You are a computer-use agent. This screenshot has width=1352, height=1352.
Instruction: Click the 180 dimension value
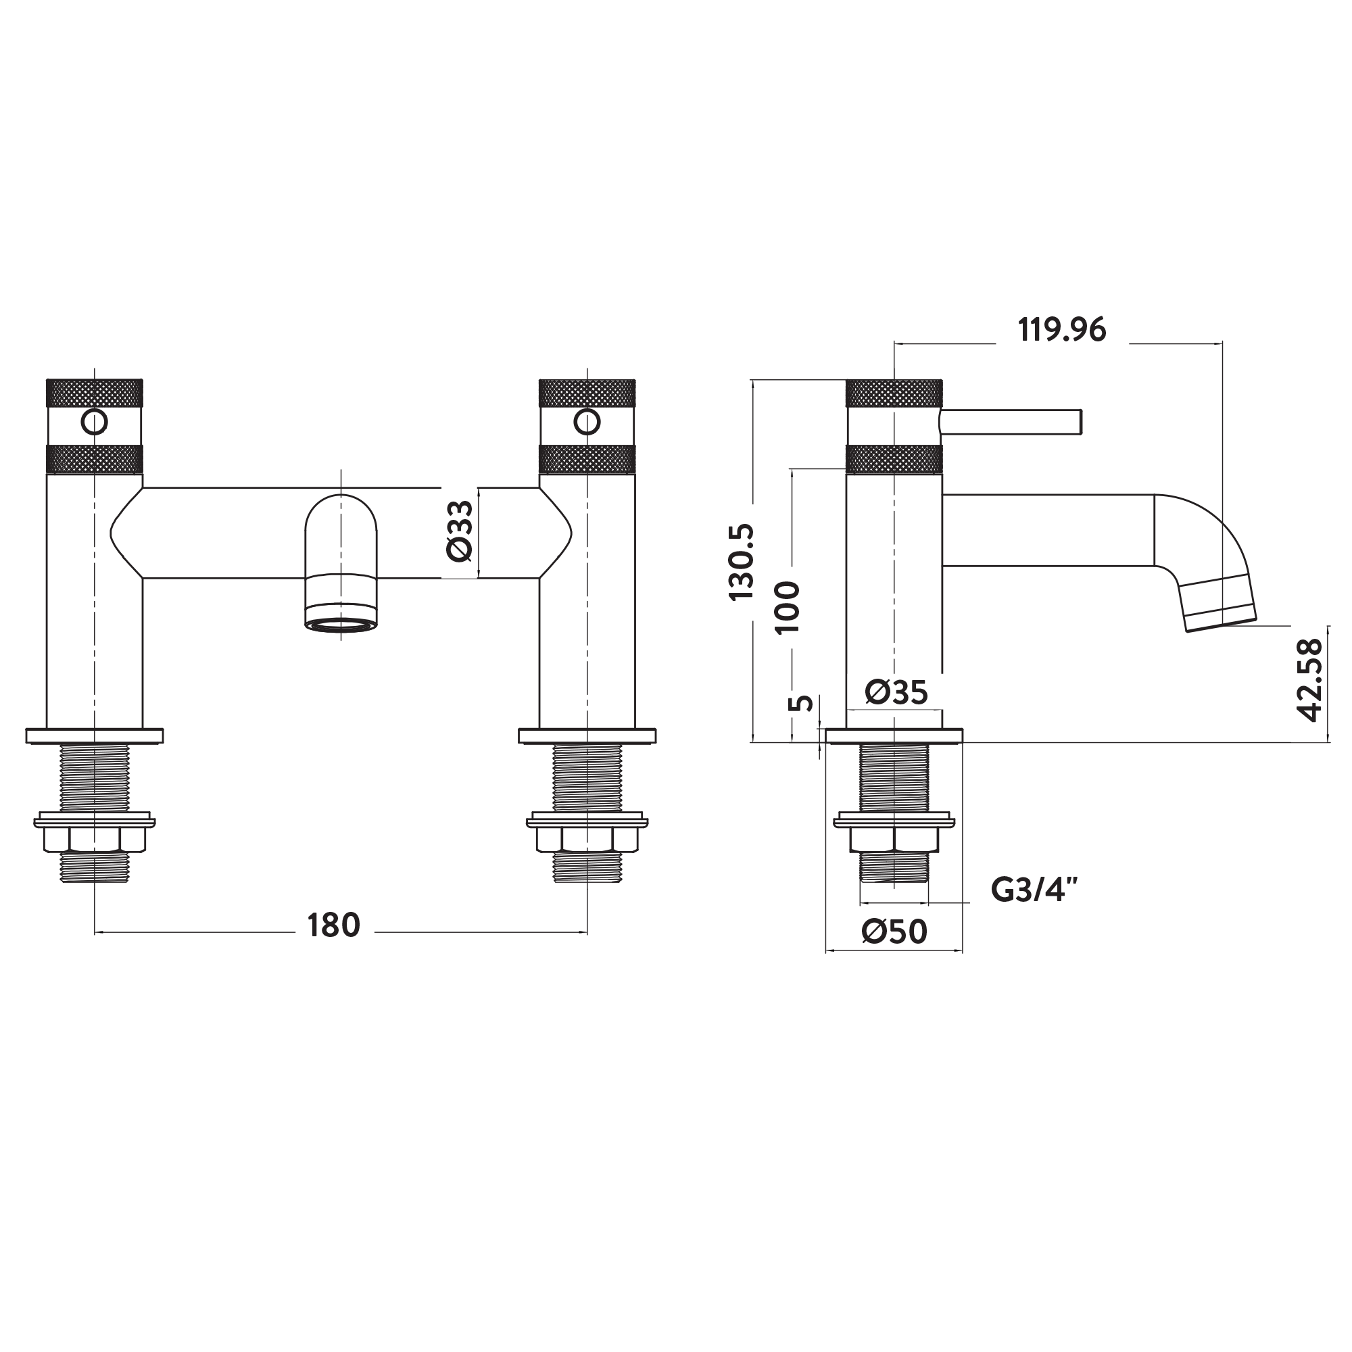[334, 925]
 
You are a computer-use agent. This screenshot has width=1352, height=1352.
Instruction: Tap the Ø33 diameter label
[460, 531]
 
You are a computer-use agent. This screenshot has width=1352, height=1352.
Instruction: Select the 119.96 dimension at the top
[1061, 330]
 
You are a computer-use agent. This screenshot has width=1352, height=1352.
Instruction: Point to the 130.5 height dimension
[742, 562]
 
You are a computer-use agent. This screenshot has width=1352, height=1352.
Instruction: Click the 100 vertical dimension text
[788, 607]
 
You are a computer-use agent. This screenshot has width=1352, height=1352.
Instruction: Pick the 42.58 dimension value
[1309, 679]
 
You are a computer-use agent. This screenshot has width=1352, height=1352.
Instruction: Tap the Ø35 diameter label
[896, 692]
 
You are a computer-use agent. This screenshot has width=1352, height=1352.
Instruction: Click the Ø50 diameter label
[894, 932]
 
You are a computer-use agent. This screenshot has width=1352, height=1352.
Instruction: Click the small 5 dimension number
[802, 703]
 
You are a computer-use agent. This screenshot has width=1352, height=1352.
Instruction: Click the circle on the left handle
[95, 422]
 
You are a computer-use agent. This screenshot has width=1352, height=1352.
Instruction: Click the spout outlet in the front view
[341, 625]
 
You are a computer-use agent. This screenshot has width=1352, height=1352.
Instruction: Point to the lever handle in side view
[1011, 422]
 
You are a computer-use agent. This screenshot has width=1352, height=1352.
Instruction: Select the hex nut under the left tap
[95, 839]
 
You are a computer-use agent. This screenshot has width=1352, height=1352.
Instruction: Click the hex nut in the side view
[894, 839]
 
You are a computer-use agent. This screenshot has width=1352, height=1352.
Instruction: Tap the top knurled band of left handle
[95, 393]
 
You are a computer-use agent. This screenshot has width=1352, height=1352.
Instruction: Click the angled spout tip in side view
[1217, 602]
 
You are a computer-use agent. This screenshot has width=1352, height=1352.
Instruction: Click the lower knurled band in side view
[894, 459]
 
